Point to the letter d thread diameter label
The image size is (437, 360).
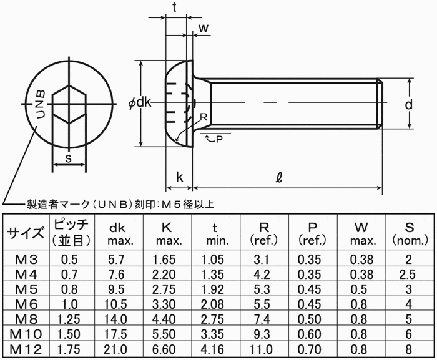[408, 104]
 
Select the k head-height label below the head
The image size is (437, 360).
[180, 178]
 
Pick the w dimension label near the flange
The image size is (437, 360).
[203, 27]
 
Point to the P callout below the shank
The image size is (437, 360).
[219, 139]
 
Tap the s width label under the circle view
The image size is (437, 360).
[68, 158]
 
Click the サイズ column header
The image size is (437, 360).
[25, 233]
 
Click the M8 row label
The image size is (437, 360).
[25, 317]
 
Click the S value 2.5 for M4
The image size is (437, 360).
[408, 274]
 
